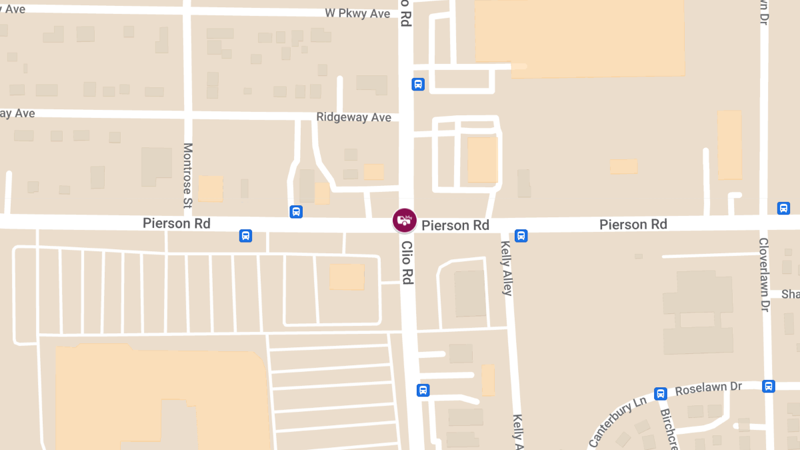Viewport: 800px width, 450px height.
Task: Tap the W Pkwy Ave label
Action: pyautogui.click(x=357, y=13)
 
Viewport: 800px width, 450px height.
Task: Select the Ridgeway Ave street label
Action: pyautogui.click(x=353, y=117)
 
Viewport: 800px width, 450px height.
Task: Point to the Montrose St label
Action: pyautogui.click(x=187, y=174)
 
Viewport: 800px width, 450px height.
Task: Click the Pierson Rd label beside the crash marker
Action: pyautogui.click(x=455, y=225)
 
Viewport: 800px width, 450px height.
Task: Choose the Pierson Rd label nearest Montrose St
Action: pyautogui.click(x=177, y=223)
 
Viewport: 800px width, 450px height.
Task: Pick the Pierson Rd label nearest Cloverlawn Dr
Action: pyautogui.click(x=633, y=224)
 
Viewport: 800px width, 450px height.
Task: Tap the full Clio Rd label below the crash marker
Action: pyautogui.click(x=407, y=263)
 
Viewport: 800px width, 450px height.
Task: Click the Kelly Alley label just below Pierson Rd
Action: pyautogui.click(x=506, y=268)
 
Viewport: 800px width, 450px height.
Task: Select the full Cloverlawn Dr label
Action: pyautogui.click(x=764, y=275)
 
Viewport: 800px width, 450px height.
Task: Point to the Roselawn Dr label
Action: pyautogui.click(x=709, y=387)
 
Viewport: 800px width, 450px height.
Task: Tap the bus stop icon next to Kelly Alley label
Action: pyautogui.click(x=521, y=235)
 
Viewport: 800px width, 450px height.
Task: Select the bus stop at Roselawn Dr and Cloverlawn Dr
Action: pyautogui.click(x=769, y=386)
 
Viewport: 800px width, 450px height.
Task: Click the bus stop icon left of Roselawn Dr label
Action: pyautogui.click(x=661, y=394)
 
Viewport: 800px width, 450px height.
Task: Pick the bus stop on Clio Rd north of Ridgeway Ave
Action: pyautogui.click(x=418, y=84)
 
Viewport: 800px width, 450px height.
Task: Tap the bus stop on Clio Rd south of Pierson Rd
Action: pyautogui.click(x=423, y=390)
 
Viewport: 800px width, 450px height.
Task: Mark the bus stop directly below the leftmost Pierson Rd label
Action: pyautogui.click(x=246, y=235)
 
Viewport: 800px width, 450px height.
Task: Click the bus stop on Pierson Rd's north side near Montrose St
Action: pyautogui.click(x=297, y=212)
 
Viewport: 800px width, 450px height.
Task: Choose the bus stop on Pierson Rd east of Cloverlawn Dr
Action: pyautogui.click(x=784, y=208)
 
